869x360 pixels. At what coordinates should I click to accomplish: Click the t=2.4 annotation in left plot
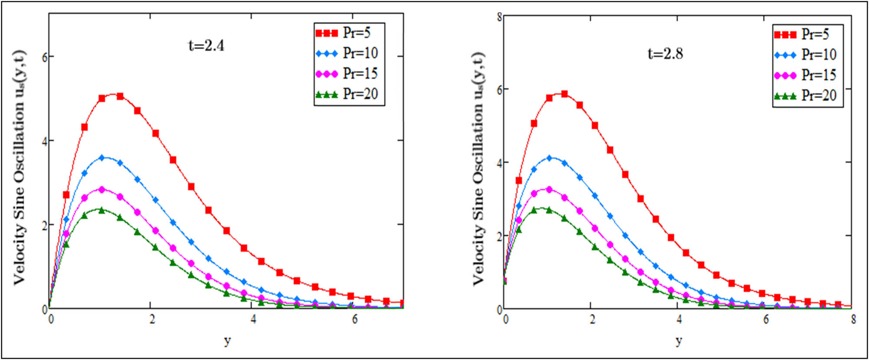(x=206, y=45)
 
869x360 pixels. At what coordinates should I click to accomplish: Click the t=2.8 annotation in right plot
(x=665, y=53)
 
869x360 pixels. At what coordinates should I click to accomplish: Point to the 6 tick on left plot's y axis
(x=44, y=57)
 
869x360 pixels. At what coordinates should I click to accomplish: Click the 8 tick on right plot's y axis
(x=500, y=17)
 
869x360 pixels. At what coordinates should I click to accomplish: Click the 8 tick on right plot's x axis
(x=853, y=320)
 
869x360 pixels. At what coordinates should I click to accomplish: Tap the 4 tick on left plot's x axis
(x=253, y=320)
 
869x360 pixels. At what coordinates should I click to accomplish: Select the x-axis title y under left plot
(x=227, y=341)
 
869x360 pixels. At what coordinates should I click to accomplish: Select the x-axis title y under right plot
(x=679, y=341)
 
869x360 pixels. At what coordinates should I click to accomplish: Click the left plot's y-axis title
(x=20, y=167)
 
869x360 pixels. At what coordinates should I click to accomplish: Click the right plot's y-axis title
(x=479, y=168)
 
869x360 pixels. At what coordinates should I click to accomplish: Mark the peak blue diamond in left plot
(x=102, y=158)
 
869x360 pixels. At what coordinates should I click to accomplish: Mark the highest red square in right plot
(x=564, y=94)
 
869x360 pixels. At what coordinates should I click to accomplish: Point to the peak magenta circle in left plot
(x=102, y=190)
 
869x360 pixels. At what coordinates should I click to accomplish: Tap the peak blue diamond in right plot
(x=549, y=158)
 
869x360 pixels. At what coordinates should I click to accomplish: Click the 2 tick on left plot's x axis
(x=152, y=320)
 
